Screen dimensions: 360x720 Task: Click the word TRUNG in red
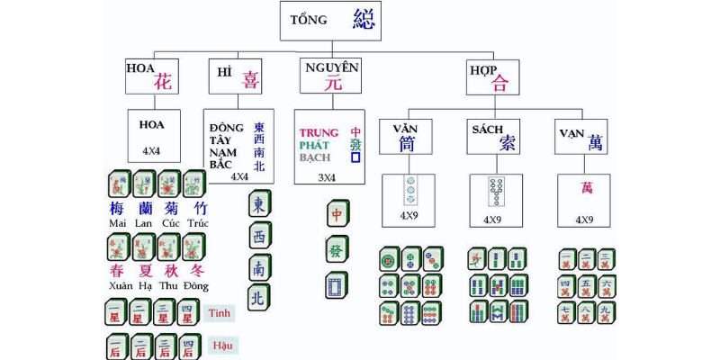click(x=319, y=132)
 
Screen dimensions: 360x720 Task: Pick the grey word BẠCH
click(x=316, y=157)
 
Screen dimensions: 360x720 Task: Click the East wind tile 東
click(x=259, y=204)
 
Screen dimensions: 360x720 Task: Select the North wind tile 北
click(x=259, y=296)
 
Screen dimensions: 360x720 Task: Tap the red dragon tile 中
click(x=337, y=215)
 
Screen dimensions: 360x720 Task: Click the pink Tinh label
click(x=220, y=312)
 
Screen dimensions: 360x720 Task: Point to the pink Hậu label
click(x=222, y=345)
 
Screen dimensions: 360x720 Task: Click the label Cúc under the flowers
click(x=171, y=223)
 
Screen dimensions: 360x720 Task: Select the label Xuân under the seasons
click(x=119, y=286)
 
